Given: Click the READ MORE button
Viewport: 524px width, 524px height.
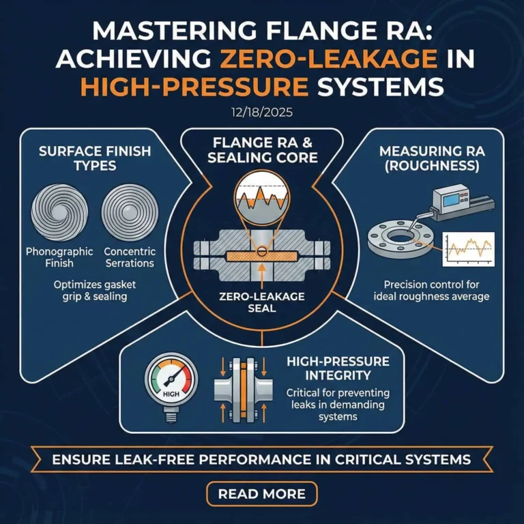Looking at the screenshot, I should pos(261,493).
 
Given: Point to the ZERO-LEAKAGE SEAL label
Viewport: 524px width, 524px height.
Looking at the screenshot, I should pos(261,302).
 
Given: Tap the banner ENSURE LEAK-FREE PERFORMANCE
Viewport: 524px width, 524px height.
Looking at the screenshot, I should pos(261,460).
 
